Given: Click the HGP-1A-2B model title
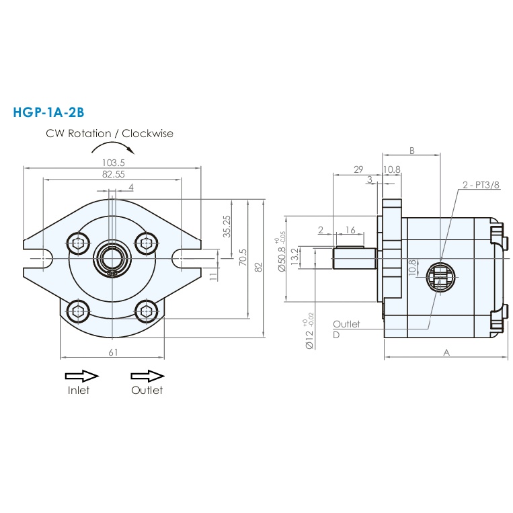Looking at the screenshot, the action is point(49,112).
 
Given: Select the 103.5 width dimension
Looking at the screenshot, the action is point(114,163).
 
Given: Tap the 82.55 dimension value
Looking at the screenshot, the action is point(114,174).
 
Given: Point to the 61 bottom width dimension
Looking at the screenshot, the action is point(113,352).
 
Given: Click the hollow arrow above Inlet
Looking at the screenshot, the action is point(82,376).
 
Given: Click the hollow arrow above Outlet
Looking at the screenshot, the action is point(147,376).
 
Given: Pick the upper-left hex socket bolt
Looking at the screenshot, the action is point(78,243).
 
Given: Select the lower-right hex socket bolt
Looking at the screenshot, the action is point(147,310).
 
